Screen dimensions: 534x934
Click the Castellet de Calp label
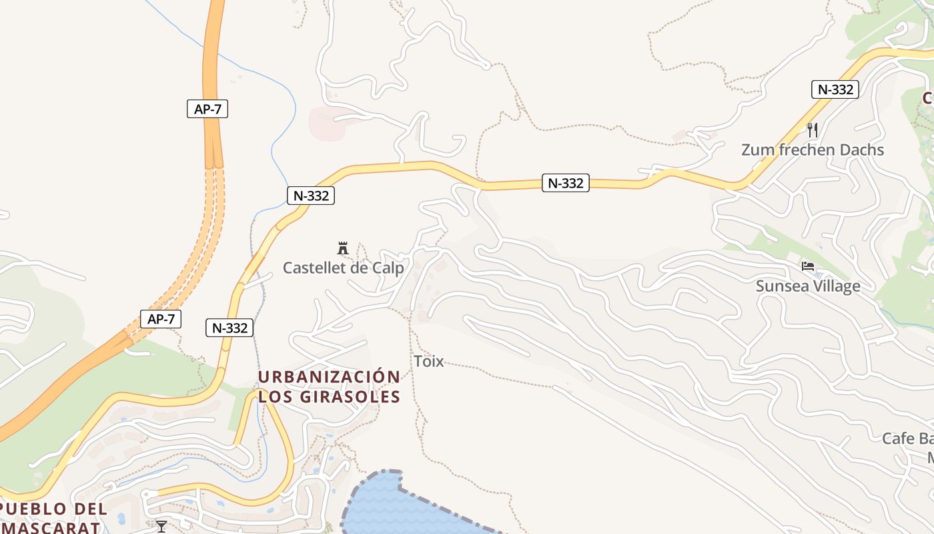point(343,268)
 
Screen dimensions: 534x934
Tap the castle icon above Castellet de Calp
point(343,248)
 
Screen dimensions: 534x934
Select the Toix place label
point(428,362)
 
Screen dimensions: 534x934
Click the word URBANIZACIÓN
point(329,377)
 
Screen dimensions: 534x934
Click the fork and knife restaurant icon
point(812,129)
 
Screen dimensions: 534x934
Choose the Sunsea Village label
point(807,286)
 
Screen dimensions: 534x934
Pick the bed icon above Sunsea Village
point(808,267)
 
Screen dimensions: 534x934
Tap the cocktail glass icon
point(161,526)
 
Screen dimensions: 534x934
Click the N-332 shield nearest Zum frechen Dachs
point(835,89)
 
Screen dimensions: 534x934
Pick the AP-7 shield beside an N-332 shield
point(161,319)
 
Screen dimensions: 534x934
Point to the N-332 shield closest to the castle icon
point(311,196)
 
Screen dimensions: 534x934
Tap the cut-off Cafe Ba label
point(907,439)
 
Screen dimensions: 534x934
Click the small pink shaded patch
point(327,123)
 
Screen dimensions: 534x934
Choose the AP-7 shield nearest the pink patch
point(207,109)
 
